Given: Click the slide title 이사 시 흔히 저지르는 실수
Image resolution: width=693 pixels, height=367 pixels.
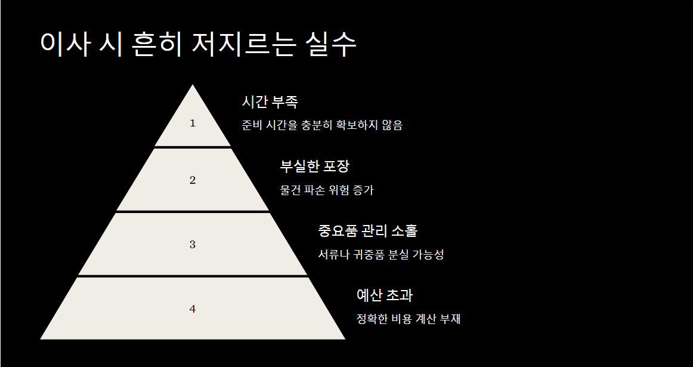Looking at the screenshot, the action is tap(199, 44).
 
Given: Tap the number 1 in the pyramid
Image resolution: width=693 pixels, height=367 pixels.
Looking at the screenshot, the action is tap(192, 124).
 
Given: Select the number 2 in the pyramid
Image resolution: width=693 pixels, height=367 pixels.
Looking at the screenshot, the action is tap(192, 180).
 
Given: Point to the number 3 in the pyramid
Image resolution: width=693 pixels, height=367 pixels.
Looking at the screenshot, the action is tap(192, 245).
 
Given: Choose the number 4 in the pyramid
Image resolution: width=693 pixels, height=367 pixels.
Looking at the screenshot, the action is tap(192, 309).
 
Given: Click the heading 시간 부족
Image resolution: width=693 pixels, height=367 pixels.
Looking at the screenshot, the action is tap(270, 102).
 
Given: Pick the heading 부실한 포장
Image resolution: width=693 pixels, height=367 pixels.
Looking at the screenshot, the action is tap(314, 166).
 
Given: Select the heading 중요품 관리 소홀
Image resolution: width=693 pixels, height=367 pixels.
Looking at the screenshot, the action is tap(368, 231).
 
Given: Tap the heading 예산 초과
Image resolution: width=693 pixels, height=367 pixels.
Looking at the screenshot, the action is tap(385, 295).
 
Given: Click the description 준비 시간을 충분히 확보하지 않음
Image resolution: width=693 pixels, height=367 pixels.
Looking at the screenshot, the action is tap(322, 126).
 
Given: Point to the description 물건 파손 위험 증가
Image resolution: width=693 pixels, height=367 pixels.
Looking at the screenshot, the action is tap(327, 190).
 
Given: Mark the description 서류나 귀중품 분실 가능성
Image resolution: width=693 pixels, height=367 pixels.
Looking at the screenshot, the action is tap(381, 255).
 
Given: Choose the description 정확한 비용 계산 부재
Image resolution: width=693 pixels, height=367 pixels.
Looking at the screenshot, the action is tap(409, 319).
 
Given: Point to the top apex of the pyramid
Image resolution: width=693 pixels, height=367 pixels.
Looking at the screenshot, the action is tap(192, 86).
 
